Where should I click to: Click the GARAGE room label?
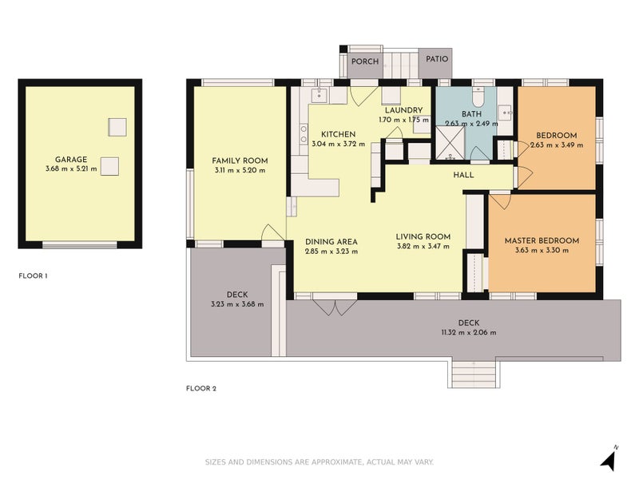tap(71, 159)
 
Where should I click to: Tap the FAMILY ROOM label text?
tap(240, 160)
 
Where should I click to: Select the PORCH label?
tap(365, 61)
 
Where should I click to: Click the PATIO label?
tap(437, 59)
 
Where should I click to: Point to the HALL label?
tap(463, 175)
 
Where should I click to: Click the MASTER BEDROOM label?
tap(542, 240)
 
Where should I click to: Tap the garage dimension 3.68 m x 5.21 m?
tap(71, 168)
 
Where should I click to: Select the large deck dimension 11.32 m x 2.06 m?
tap(469, 332)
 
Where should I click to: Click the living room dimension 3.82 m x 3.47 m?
tap(423, 246)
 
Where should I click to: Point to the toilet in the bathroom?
tap(478, 96)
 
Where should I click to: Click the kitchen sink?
tap(319, 95)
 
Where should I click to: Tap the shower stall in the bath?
tap(450, 143)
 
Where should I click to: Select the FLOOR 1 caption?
tap(33, 275)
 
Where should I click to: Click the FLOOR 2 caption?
tap(201, 388)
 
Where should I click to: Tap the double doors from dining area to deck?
tap(335, 307)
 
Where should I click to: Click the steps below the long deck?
tap(474, 374)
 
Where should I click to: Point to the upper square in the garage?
tap(117, 127)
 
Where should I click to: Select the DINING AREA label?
tap(331, 242)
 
